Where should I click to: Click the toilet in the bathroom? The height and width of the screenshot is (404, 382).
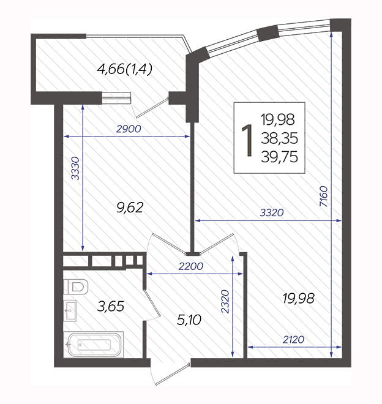[75, 286]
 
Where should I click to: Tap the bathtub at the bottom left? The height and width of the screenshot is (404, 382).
[94, 345]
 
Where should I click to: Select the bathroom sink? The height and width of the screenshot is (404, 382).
[70, 311]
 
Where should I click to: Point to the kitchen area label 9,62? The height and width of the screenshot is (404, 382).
[130, 208]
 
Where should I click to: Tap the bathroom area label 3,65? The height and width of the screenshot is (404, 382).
[111, 306]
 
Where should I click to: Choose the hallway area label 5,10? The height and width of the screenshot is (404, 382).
[189, 320]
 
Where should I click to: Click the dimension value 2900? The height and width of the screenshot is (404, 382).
[129, 129]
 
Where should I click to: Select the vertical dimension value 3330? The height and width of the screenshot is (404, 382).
[75, 168]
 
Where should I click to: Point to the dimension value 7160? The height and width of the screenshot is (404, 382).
[323, 196]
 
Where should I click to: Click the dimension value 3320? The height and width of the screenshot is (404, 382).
[272, 213]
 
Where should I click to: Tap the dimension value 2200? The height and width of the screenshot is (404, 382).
[191, 266]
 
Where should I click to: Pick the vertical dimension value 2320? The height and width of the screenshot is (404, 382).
[225, 301]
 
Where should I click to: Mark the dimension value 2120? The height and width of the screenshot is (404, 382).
[293, 340]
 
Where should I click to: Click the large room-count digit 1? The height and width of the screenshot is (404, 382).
[247, 140]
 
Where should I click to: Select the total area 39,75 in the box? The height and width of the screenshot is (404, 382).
[279, 157]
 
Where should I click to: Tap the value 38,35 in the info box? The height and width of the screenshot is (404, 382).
[279, 138]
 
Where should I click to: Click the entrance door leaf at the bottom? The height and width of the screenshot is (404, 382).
[173, 374]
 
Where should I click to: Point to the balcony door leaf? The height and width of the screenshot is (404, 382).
[152, 108]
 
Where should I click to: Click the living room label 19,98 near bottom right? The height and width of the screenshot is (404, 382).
[299, 298]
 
